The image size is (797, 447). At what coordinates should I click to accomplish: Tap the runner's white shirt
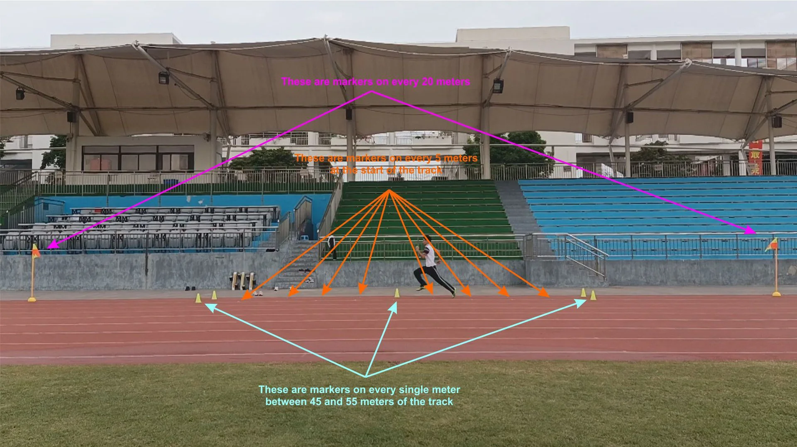[x=430, y=254]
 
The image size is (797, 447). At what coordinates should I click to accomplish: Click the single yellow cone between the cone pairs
[x=397, y=293]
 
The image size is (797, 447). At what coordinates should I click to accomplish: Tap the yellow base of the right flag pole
[x=776, y=294]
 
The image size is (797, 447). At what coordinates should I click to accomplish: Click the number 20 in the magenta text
[x=428, y=82]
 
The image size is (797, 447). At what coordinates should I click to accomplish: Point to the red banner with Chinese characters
[x=756, y=158]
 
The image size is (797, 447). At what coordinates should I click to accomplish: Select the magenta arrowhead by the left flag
[x=51, y=246]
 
